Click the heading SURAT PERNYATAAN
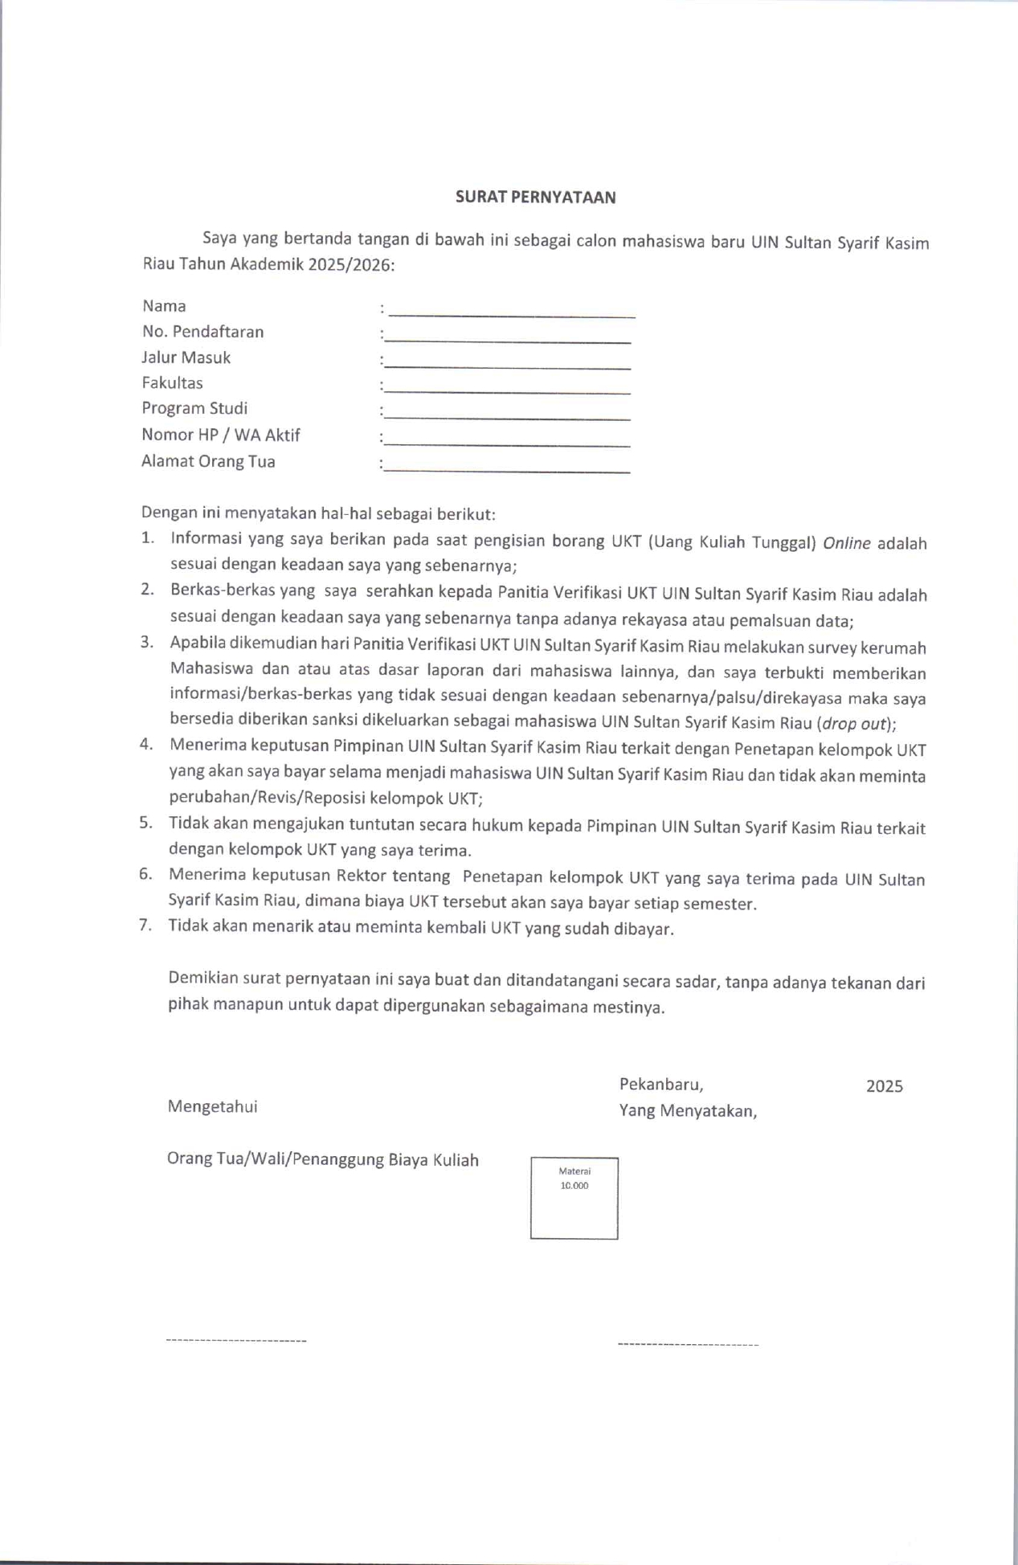pos(535,197)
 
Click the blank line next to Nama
pos(512,313)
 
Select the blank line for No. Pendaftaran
pos(508,339)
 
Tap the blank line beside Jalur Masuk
pos(508,365)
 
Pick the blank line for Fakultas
pos(508,390)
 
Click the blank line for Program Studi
pos(508,416)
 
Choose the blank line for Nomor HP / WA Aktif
pos(508,443)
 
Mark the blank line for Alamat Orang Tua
pos(508,469)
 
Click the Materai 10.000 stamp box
pos(574,1198)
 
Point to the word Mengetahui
pos(212,1106)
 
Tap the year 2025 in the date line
pos(884,1086)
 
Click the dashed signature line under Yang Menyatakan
pos(688,1344)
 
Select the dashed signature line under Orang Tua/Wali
pos(235,1341)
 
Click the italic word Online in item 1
pos(846,543)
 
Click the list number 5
pos(145,823)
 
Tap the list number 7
pos(145,925)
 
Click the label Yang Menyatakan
pos(687,1111)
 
